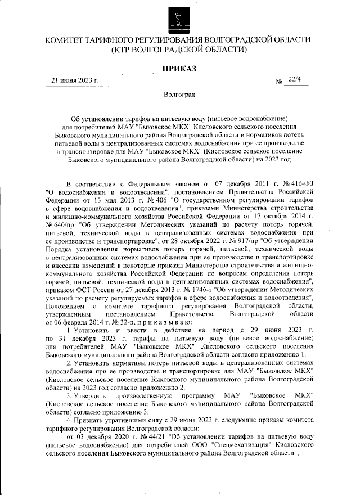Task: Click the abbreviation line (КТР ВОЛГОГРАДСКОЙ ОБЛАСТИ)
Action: click(x=179, y=49)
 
